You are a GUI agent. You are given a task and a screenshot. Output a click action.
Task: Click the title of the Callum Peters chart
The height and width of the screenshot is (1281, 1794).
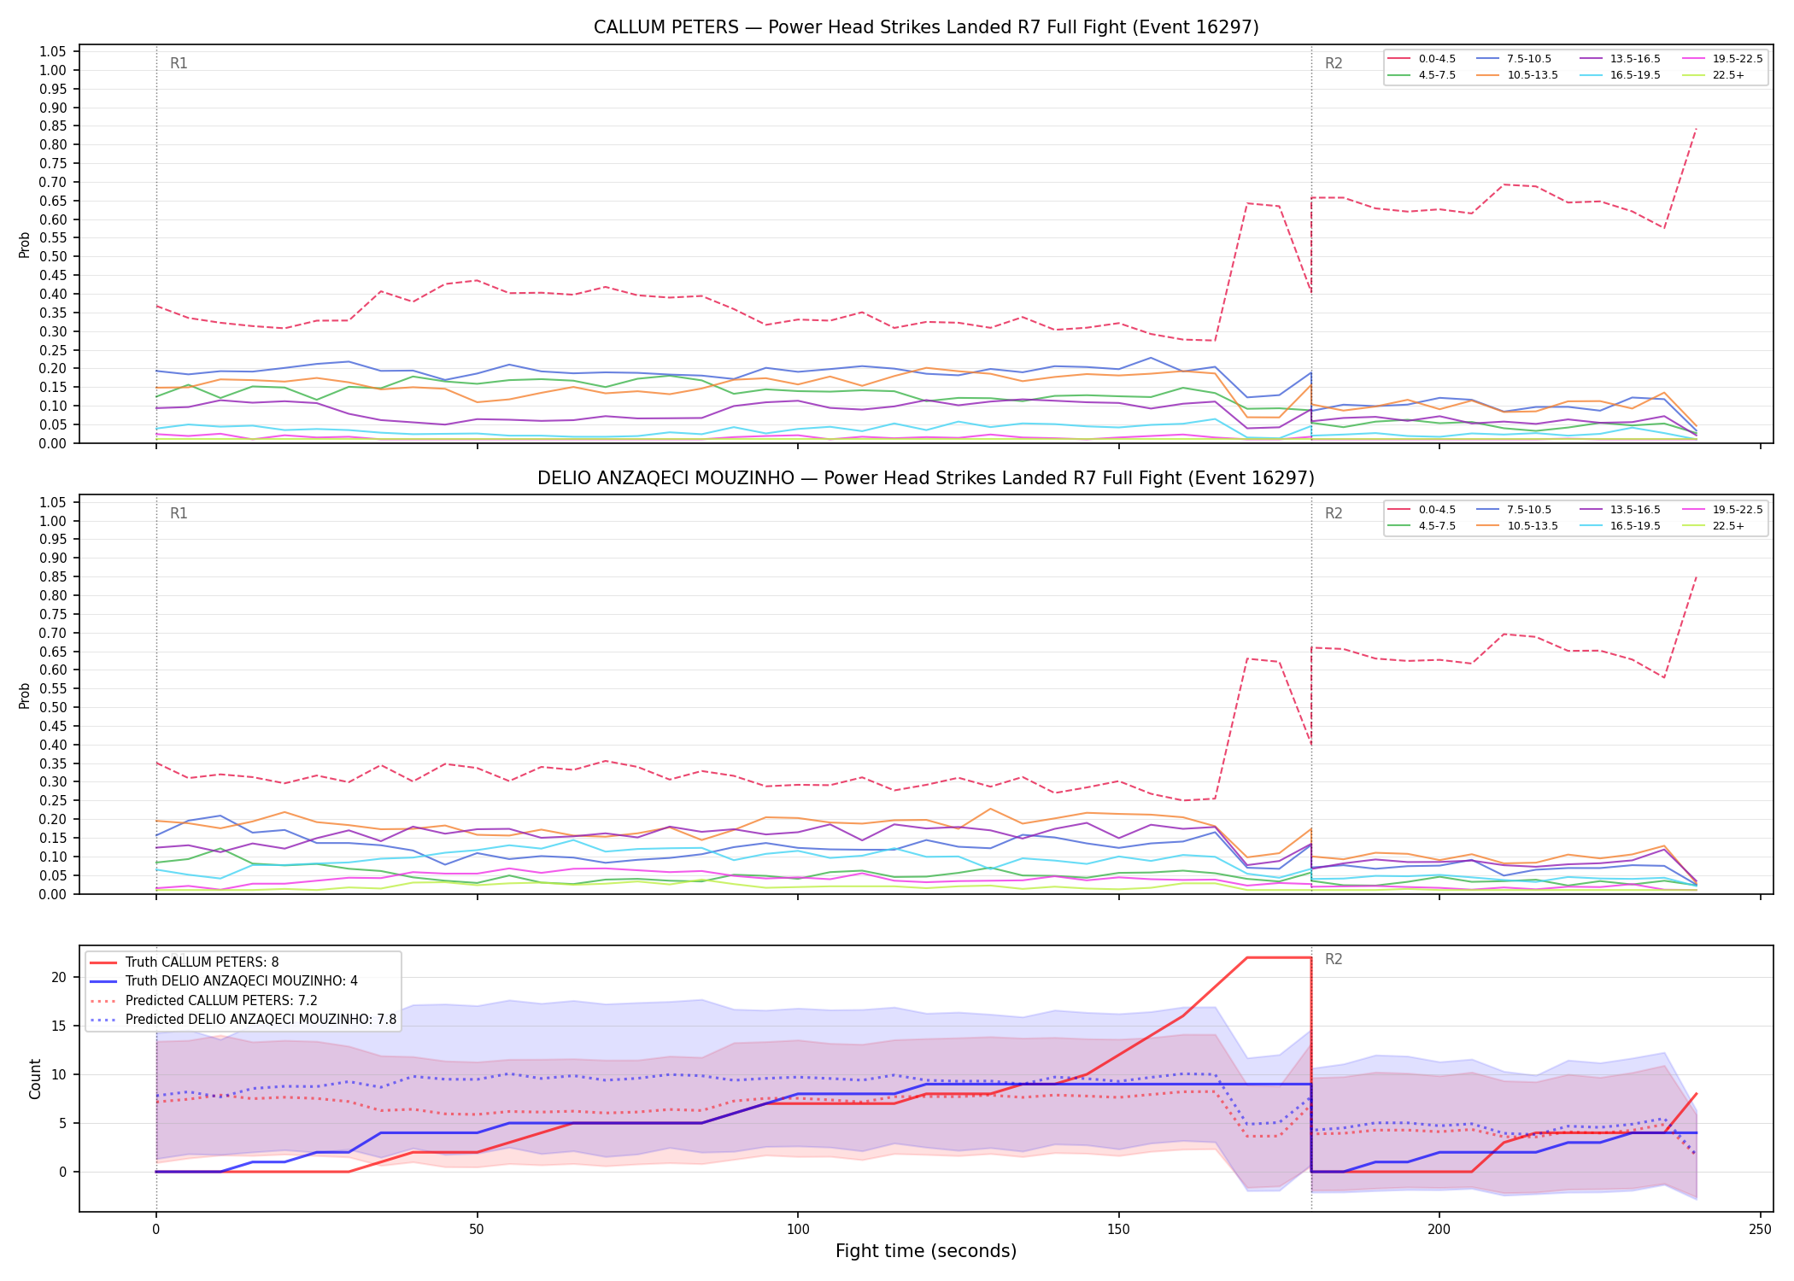point(926,27)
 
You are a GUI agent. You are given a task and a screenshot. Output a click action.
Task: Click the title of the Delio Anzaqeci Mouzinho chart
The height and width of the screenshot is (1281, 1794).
point(926,478)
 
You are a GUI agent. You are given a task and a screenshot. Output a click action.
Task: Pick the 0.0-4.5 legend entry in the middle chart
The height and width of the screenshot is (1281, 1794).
point(1422,510)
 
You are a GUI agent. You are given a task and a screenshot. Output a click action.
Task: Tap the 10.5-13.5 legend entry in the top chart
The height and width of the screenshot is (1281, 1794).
point(1517,75)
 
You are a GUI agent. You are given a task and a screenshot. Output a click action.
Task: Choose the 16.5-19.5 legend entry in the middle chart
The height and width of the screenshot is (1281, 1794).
point(1620,526)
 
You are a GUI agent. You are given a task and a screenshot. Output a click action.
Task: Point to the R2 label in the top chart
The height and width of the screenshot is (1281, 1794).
point(1334,63)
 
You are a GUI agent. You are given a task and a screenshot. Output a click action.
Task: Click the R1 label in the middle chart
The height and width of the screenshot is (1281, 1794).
point(179,513)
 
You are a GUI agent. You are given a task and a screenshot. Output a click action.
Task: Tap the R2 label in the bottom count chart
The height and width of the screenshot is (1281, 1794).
point(1334,960)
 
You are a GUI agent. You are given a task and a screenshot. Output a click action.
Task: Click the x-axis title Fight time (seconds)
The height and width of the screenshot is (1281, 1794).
point(926,1251)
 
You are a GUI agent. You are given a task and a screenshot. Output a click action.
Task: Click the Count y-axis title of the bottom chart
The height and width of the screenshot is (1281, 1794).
point(35,1079)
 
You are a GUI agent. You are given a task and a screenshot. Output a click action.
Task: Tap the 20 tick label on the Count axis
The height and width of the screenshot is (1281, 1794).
point(59,978)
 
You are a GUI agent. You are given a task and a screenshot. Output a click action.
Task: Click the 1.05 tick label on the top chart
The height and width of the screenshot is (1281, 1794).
point(53,52)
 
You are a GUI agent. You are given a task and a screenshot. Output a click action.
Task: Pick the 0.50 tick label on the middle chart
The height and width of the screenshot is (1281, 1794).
point(53,708)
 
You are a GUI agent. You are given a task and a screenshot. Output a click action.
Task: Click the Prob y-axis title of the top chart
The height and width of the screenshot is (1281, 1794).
point(25,245)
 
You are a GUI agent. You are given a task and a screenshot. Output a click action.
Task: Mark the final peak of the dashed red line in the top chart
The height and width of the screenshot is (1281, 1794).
point(1696,128)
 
